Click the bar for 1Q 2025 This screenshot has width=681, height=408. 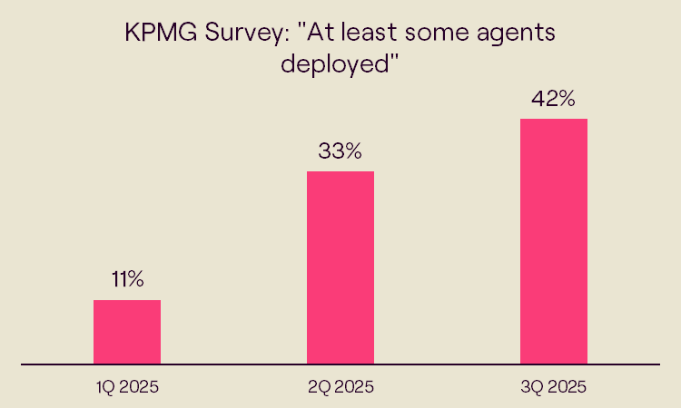(x=127, y=332)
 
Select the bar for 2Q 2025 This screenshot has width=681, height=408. (x=340, y=267)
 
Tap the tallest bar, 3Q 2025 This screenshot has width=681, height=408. (x=554, y=241)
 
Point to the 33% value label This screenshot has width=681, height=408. (x=340, y=151)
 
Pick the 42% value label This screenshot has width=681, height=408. (x=554, y=99)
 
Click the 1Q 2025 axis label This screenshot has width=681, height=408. (x=127, y=387)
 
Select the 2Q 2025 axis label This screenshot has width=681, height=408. (x=340, y=387)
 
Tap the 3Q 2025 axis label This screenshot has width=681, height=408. (x=554, y=387)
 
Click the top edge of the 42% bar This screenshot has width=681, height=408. (x=554, y=120)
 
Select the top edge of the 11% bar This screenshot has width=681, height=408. (x=127, y=301)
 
